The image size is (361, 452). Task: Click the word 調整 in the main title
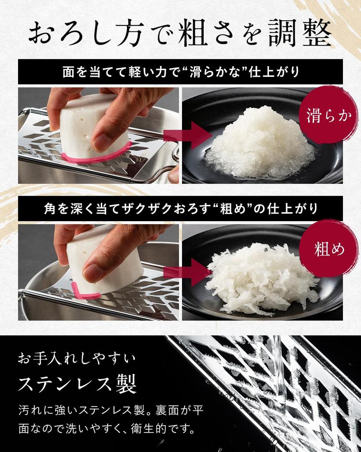[301, 33]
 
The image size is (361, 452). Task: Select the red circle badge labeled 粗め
[329, 249]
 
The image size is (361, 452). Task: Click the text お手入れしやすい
[77, 359]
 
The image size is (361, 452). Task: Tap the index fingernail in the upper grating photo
[101, 143]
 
